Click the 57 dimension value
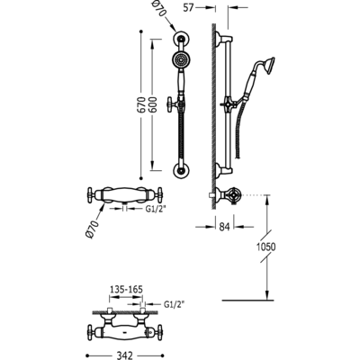coord(188,7)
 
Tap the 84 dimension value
coord(224,227)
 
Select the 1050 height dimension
coord(266,247)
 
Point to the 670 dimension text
coord(142,104)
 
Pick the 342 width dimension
coord(124,355)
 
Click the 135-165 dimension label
coord(126,290)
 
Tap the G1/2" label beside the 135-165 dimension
coord(174,304)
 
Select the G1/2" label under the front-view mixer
coord(156,210)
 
